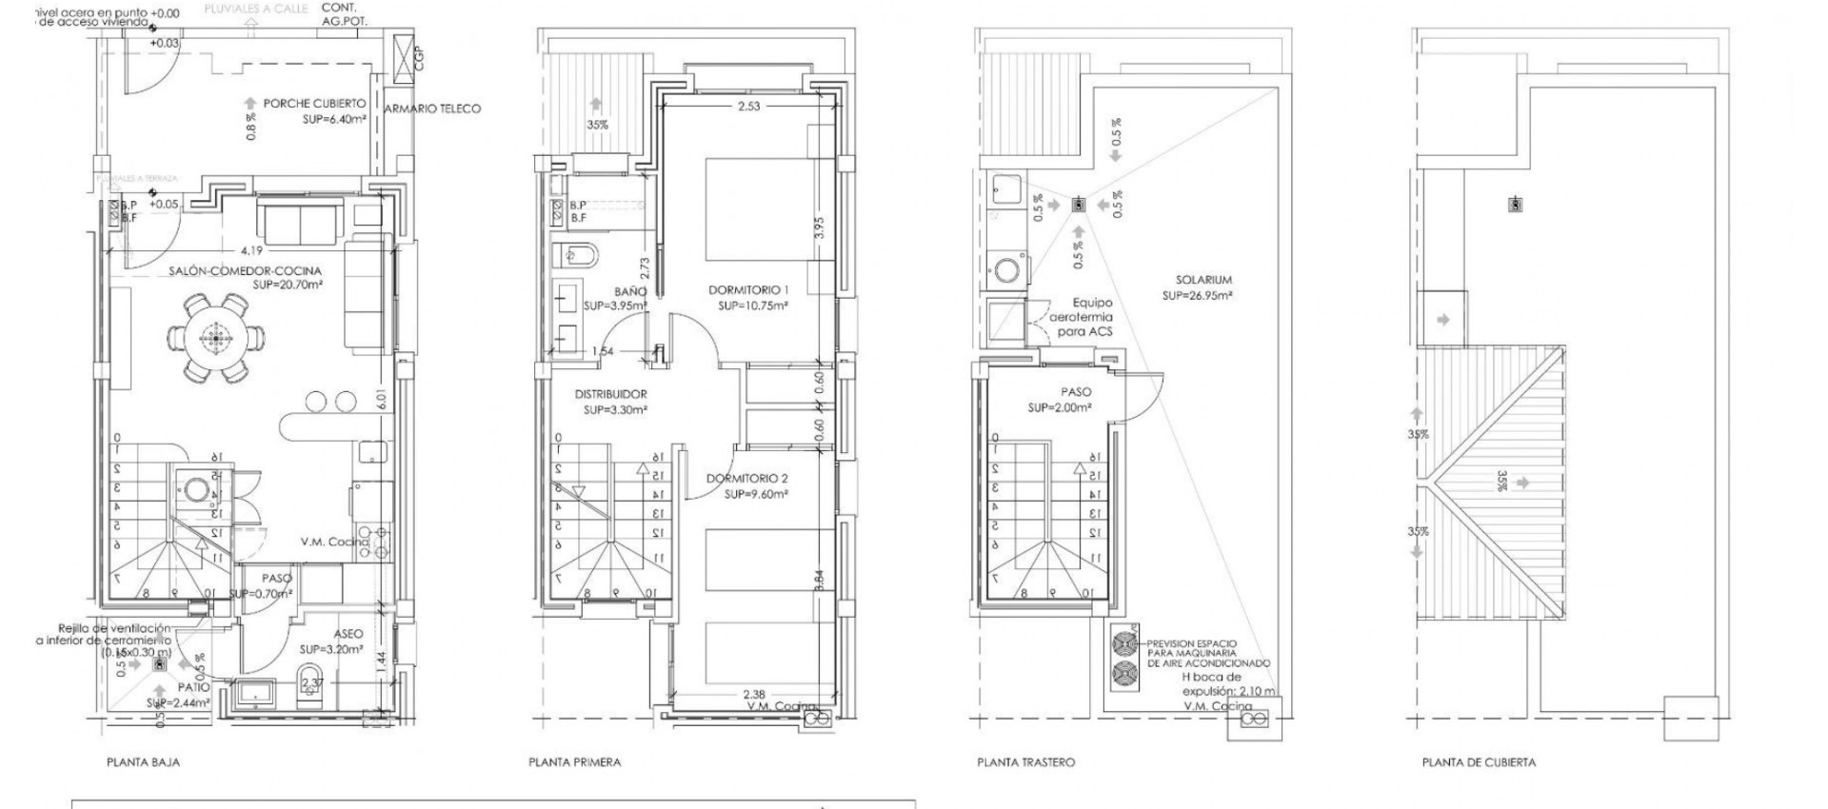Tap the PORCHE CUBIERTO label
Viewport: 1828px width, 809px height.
(x=314, y=103)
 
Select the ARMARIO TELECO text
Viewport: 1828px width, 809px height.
(x=433, y=109)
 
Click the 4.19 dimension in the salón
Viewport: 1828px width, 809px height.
(x=251, y=250)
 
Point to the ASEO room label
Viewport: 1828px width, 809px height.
(x=348, y=633)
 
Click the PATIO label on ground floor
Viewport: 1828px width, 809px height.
(x=193, y=686)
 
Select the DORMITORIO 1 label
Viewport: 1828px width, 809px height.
(x=749, y=289)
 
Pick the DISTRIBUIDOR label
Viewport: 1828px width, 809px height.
(x=610, y=394)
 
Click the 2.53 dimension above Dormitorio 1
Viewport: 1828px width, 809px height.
(x=749, y=107)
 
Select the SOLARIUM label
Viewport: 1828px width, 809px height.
(x=1203, y=280)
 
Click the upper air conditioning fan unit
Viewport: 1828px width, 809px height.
(x=1124, y=642)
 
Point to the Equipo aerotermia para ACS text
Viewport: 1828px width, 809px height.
(x=1079, y=316)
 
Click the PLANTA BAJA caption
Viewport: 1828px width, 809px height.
(x=143, y=762)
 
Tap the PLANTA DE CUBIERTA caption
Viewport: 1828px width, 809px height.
(x=1479, y=762)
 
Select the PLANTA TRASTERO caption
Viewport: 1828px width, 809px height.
(x=1025, y=762)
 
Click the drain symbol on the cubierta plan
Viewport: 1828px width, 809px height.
(x=1515, y=205)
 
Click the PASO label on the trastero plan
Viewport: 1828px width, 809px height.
(x=1076, y=391)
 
